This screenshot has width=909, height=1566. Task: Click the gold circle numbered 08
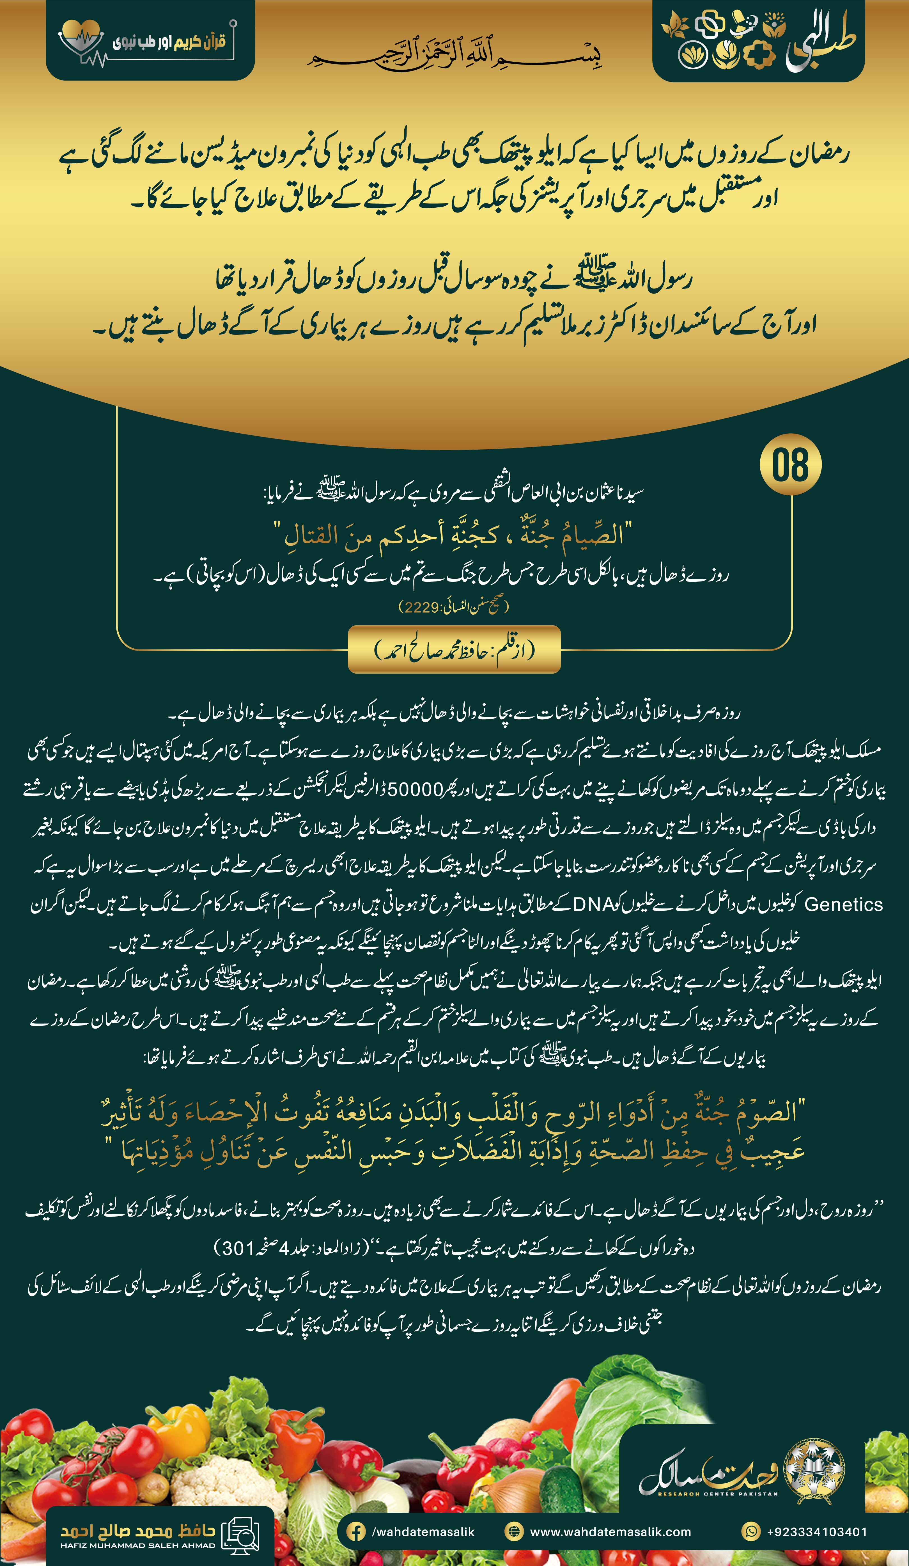tap(790, 465)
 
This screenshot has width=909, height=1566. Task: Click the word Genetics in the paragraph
tap(843, 905)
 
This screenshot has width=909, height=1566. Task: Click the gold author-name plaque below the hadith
tap(454, 649)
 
